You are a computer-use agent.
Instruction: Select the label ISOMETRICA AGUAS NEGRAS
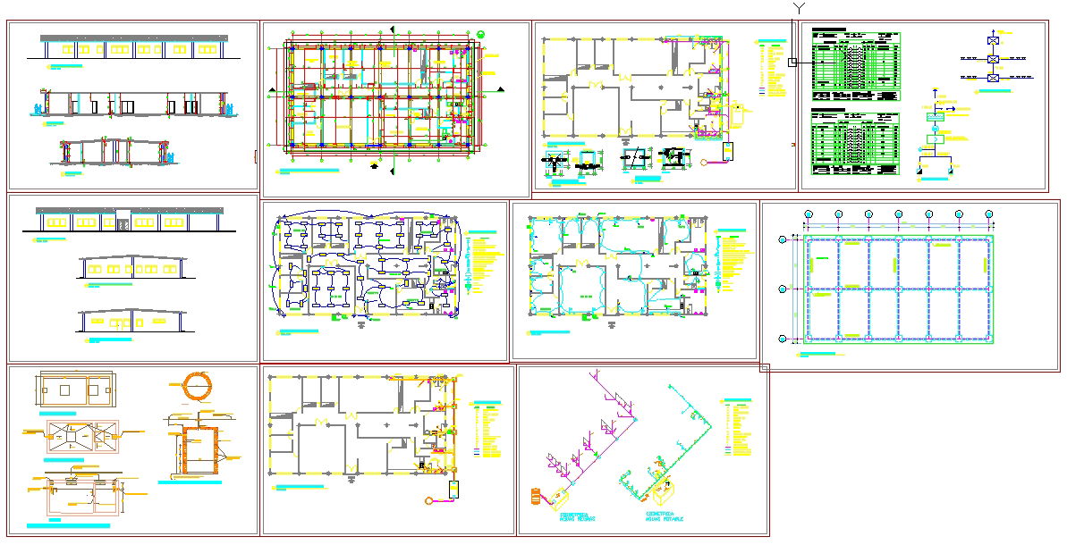[577, 517]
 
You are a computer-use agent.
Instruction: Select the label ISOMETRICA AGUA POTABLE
[664, 517]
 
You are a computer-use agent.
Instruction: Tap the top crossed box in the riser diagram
[993, 41]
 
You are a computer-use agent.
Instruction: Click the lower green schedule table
[854, 143]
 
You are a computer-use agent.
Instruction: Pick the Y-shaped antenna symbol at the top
[799, 9]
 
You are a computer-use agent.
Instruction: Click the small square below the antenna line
[792, 63]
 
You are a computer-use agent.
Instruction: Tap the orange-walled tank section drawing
[200, 448]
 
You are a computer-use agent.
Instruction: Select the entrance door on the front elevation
[123, 221]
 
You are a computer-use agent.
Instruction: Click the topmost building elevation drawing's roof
[134, 38]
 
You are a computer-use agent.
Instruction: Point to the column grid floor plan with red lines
[380, 94]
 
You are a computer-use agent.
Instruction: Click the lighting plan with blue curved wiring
[367, 266]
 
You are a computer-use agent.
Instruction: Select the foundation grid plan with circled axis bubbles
[897, 289]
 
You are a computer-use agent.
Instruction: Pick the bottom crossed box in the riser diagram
[993, 78]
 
